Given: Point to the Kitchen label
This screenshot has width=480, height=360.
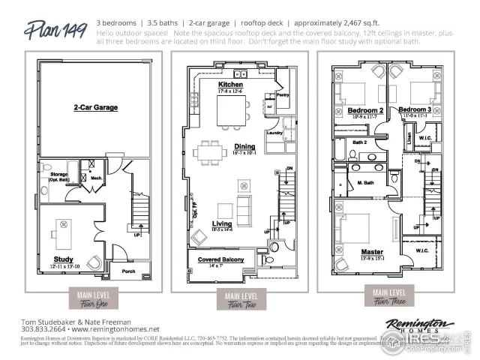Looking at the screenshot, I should point(230,85).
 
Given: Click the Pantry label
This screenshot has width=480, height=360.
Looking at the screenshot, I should point(283,95).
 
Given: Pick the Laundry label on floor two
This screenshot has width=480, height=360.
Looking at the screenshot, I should point(273,133).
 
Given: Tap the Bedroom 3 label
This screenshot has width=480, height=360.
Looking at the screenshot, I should point(424,110).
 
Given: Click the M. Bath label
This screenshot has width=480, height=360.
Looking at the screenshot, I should point(365,183).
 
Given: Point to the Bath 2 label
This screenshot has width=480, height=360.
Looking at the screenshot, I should point(359,142).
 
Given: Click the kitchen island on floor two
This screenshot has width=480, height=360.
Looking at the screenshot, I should point(232,111).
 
